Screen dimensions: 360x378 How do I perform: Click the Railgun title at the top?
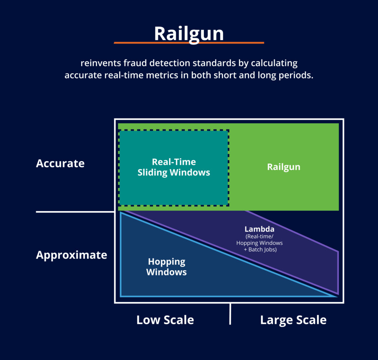click(x=189, y=33)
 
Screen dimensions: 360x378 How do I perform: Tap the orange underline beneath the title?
click(x=189, y=43)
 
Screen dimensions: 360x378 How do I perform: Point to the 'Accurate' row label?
click(x=60, y=163)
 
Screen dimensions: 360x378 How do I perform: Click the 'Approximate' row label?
click(x=72, y=255)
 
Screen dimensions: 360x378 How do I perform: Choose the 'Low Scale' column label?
click(x=165, y=320)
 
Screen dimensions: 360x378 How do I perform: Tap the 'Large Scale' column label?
click(x=293, y=320)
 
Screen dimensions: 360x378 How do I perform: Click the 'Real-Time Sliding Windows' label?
click(x=174, y=167)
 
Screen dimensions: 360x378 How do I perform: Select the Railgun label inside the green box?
click(x=283, y=167)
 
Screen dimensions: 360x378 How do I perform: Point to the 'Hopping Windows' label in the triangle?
click(x=166, y=267)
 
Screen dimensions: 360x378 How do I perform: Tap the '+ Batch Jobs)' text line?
click(x=260, y=250)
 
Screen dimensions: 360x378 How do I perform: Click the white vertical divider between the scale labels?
click(x=230, y=314)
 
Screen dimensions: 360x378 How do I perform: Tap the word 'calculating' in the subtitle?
click(x=274, y=63)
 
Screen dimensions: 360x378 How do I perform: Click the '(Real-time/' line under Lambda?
click(x=260, y=236)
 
